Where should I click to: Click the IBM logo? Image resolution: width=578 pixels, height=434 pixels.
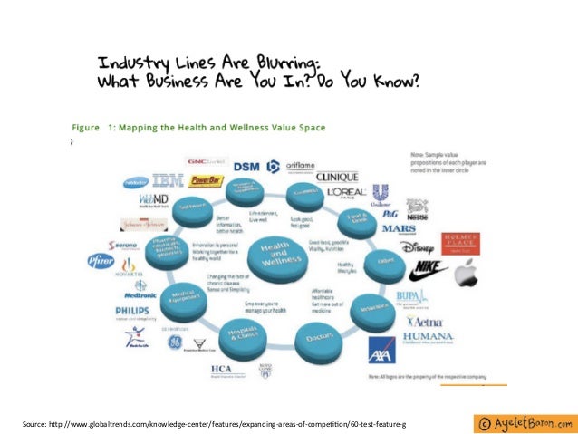pos(169,180)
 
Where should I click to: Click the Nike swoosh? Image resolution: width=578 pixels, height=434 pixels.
pos(428,269)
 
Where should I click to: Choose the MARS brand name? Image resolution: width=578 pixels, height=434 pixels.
pos(399,228)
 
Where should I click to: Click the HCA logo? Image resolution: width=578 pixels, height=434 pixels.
pos(220,369)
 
